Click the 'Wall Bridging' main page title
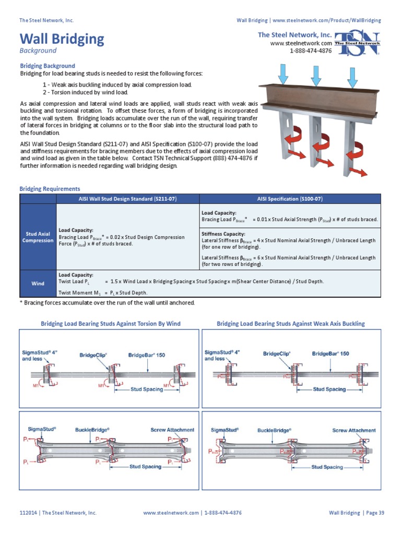pos(62,39)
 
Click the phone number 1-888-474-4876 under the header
pos(311,51)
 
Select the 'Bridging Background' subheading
pos(48,66)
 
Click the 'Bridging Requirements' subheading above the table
pos(50,189)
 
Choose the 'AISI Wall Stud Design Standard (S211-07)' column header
pos(127,199)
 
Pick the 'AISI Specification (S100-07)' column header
pos(290,199)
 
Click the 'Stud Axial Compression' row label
pos(38,237)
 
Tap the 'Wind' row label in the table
pos(38,284)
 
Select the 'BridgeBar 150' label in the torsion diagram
pos(147,355)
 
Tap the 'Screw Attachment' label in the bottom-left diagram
pos(172,430)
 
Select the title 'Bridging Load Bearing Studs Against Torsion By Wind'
pos(111,324)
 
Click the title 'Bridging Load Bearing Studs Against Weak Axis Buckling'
pos(291,324)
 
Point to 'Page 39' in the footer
pos(375,513)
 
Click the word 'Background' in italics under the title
pos(38,51)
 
